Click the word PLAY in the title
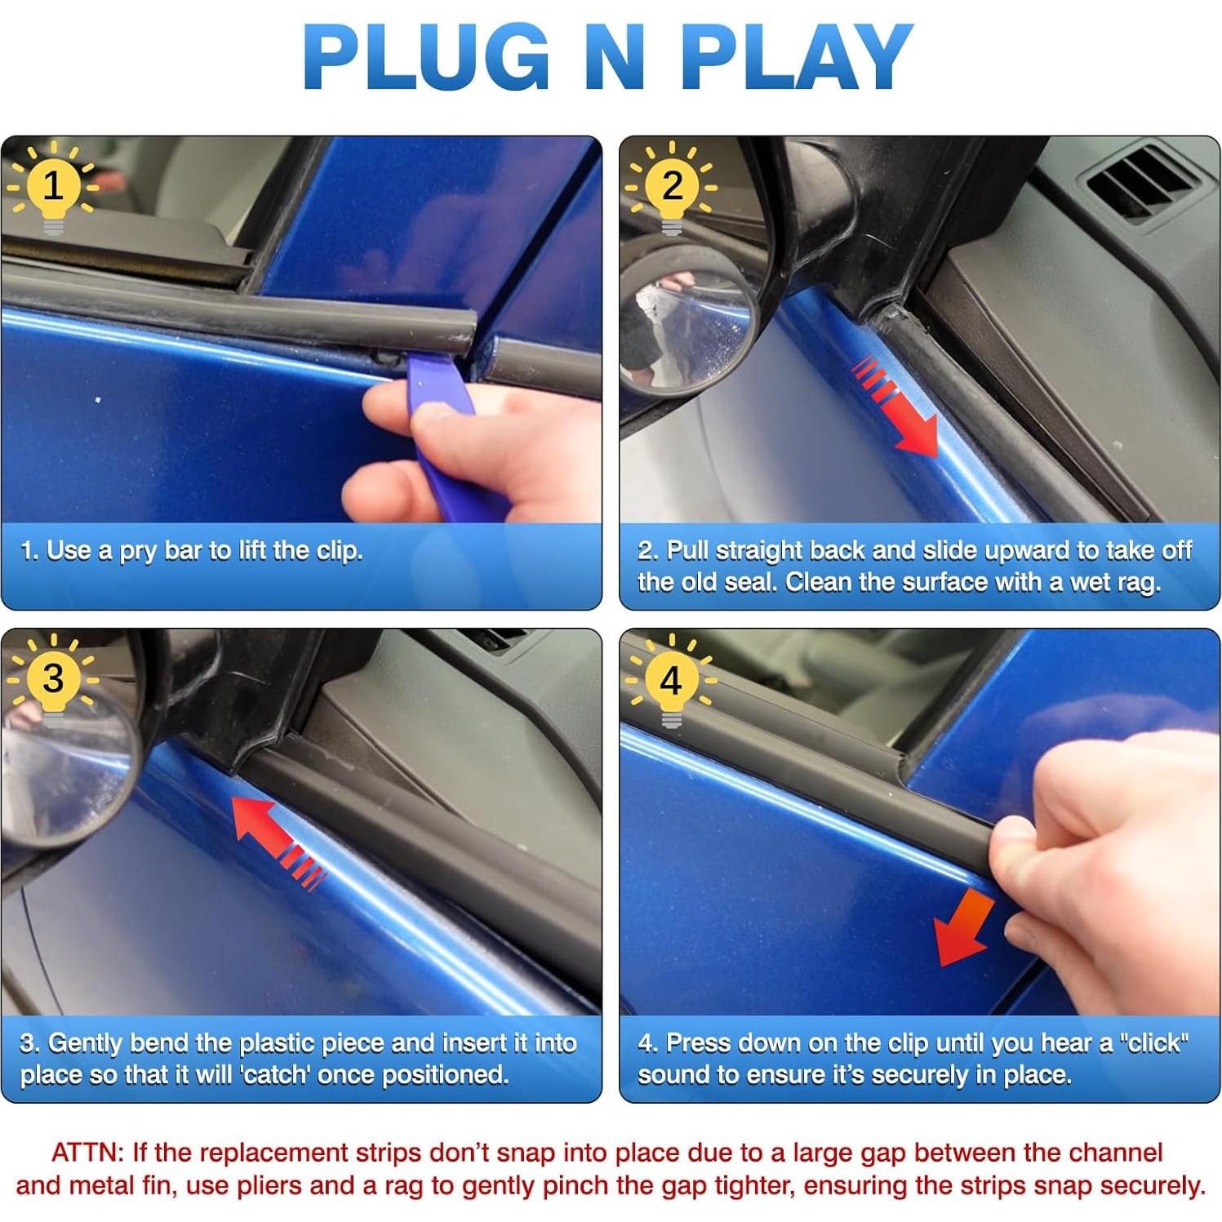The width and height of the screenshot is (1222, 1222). [797, 57]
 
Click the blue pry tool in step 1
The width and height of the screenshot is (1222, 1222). [445, 433]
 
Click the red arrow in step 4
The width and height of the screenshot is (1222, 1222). [964, 929]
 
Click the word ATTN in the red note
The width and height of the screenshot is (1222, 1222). [87, 1153]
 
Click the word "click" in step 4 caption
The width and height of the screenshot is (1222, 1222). [1153, 1043]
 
